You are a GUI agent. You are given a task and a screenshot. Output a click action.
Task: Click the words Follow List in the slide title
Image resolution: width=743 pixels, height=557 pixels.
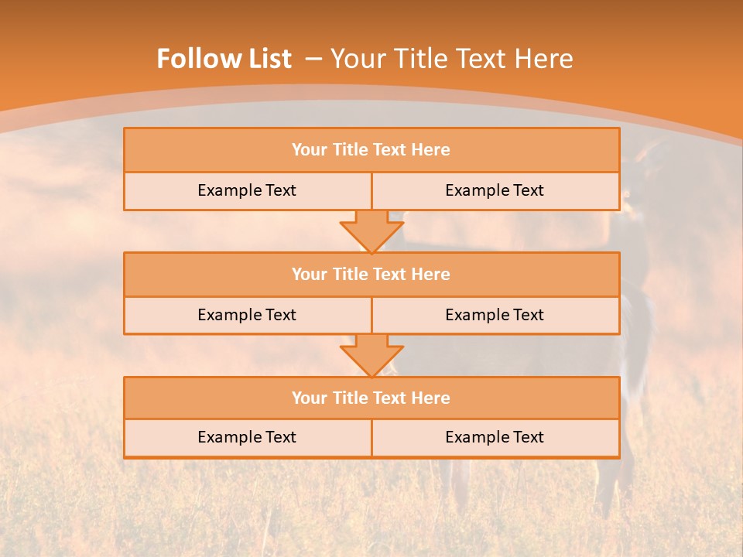pyautogui.click(x=224, y=59)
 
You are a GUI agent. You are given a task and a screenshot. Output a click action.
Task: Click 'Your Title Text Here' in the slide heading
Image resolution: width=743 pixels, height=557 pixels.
pyautogui.click(x=451, y=59)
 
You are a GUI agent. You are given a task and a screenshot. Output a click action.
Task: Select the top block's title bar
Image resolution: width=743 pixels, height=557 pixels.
pyautogui.click(x=371, y=150)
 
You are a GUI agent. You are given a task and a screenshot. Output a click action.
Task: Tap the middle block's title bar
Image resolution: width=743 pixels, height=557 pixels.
pyautogui.click(x=371, y=274)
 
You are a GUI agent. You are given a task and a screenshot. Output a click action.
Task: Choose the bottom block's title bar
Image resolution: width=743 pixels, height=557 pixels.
pyautogui.click(x=371, y=398)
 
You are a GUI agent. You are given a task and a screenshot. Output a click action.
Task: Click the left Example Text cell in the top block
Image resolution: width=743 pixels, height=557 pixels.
pyautogui.click(x=247, y=190)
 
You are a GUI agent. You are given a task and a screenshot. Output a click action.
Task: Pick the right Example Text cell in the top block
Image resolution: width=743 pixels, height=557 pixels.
pyautogui.click(x=495, y=190)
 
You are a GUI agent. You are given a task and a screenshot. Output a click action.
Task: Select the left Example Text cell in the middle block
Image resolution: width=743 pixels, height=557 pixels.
pyautogui.click(x=247, y=315)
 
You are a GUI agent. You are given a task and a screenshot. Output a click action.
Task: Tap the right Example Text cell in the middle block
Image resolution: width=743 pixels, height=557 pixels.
pyautogui.click(x=495, y=315)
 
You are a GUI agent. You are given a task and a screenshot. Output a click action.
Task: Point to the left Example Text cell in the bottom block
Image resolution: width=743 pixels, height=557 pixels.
pyautogui.click(x=247, y=437)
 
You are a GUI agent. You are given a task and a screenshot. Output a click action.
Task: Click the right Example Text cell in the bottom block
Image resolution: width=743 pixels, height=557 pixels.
pyautogui.click(x=495, y=437)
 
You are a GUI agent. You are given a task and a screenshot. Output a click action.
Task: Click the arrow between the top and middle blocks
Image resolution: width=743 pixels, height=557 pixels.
pyautogui.click(x=371, y=231)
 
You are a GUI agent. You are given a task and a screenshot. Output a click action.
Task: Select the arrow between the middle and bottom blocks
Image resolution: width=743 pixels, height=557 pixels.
pyautogui.click(x=371, y=355)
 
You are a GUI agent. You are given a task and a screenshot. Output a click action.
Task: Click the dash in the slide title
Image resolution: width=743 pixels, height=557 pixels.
pyautogui.click(x=313, y=59)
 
